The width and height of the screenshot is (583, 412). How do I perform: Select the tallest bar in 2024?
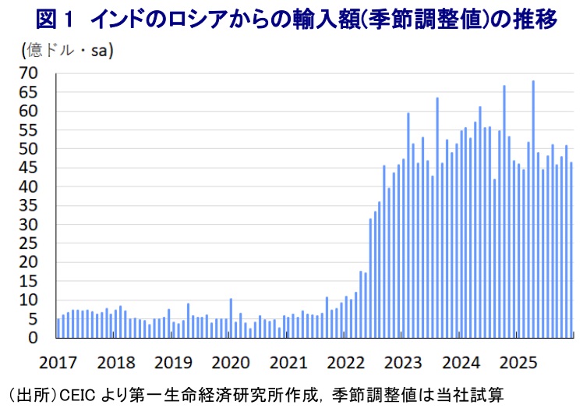(504, 211)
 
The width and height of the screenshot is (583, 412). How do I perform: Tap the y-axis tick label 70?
(29, 73)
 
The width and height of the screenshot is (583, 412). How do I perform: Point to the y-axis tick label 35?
(29, 205)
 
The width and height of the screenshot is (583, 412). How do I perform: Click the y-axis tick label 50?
(29, 149)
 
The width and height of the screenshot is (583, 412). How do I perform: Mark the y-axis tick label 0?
(34, 338)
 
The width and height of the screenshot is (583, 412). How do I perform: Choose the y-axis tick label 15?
(29, 281)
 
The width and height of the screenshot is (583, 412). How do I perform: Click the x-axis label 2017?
(58, 362)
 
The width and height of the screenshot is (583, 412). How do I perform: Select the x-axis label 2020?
(231, 362)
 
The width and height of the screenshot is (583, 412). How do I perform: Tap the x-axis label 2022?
(346, 362)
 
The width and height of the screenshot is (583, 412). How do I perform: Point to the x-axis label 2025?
(519, 362)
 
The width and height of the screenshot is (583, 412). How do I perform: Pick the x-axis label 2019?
(173, 362)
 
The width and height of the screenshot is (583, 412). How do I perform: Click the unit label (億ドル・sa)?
(66, 51)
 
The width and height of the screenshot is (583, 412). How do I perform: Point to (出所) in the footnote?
(26, 395)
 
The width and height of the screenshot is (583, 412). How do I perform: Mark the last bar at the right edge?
(571, 250)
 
